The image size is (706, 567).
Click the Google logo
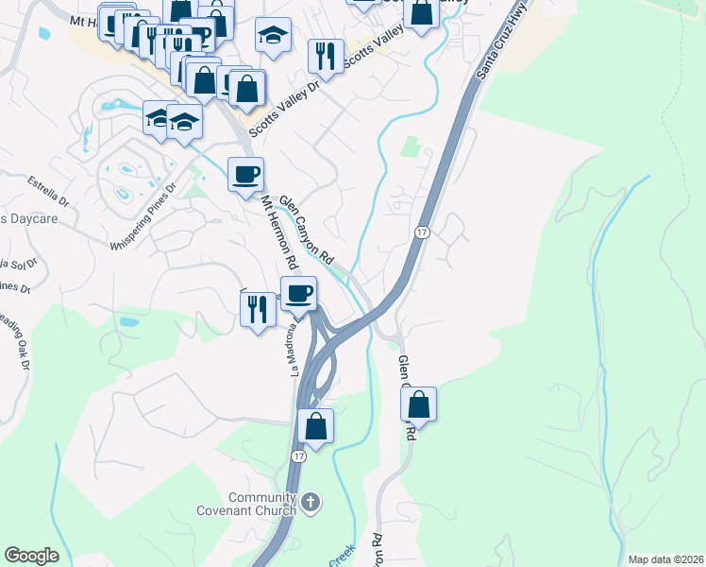tap(31, 556)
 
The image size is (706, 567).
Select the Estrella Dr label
tap(48, 190)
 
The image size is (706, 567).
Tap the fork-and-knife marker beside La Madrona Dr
tap(256, 309)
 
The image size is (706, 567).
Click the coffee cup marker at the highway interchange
tap(299, 294)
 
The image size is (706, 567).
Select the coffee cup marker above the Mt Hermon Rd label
tap(245, 175)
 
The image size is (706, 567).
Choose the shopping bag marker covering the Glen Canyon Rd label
tap(418, 404)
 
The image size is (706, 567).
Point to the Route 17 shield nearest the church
tap(298, 456)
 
